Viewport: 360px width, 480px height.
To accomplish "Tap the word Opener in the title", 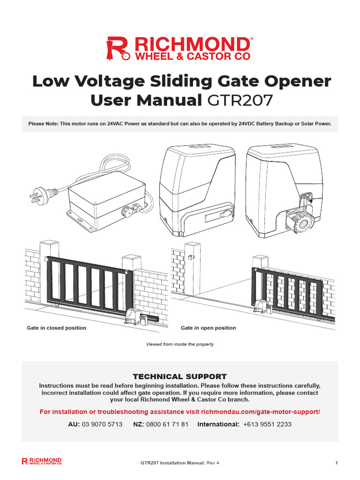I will pyautogui.click(x=294, y=81).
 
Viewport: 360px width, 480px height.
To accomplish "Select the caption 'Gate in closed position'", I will pyautogui.click(x=57, y=328).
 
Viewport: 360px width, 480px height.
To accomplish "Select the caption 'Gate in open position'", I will pyautogui.click(x=208, y=328).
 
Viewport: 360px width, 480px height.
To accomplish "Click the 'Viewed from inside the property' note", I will pyautogui.click(x=180, y=345).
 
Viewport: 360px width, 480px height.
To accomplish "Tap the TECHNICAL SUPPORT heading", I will pyautogui.click(x=180, y=376).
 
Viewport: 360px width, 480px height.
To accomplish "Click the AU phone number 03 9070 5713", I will pyautogui.click(x=102, y=424).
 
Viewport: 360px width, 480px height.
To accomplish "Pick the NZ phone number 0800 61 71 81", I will pyautogui.click(x=167, y=424).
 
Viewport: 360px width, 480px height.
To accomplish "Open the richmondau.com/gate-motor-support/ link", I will pyautogui.click(x=260, y=412).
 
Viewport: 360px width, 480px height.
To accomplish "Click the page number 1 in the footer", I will pyautogui.click(x=337, y=463).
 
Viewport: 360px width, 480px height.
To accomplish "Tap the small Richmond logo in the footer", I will pyautogui.click(x=42, y=462).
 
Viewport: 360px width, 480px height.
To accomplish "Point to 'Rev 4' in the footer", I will pyautogui.click(x=213, y=463).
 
